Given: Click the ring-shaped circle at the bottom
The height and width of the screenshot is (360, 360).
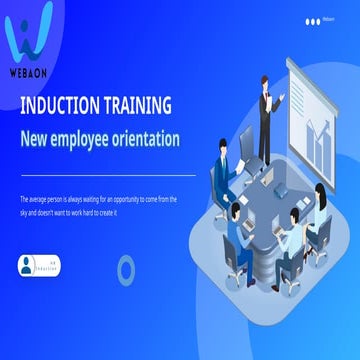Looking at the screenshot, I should point(126,268).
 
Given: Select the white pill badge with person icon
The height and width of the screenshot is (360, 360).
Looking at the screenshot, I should point(38,265).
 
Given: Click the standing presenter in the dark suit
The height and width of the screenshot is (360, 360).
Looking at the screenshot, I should point(266,115).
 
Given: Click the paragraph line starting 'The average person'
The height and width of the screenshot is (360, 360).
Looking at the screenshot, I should point(97,199).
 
